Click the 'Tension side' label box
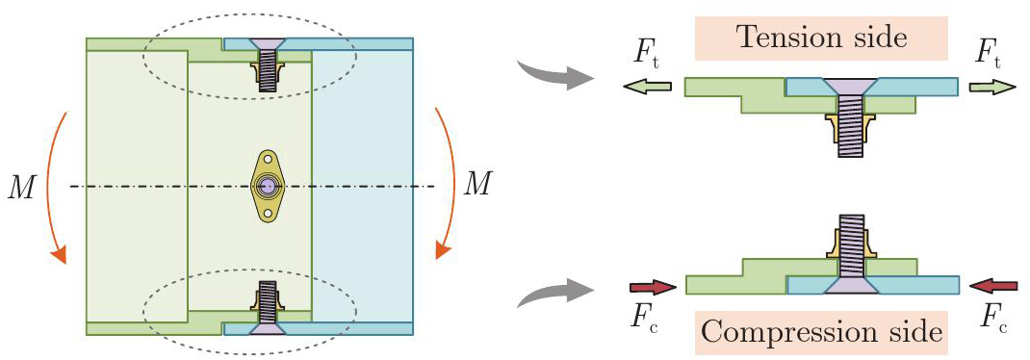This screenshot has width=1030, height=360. pos(821,39)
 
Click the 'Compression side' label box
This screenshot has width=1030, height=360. pos(821,332)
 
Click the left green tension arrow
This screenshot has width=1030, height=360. pos(647,86)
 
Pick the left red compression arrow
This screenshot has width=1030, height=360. pos(653,287)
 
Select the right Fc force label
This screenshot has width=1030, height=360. pos(993,320)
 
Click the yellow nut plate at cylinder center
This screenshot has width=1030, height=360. pos(266,187)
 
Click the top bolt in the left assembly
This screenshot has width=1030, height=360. pos(266,64)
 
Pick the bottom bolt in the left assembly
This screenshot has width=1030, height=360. pos(266,308)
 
